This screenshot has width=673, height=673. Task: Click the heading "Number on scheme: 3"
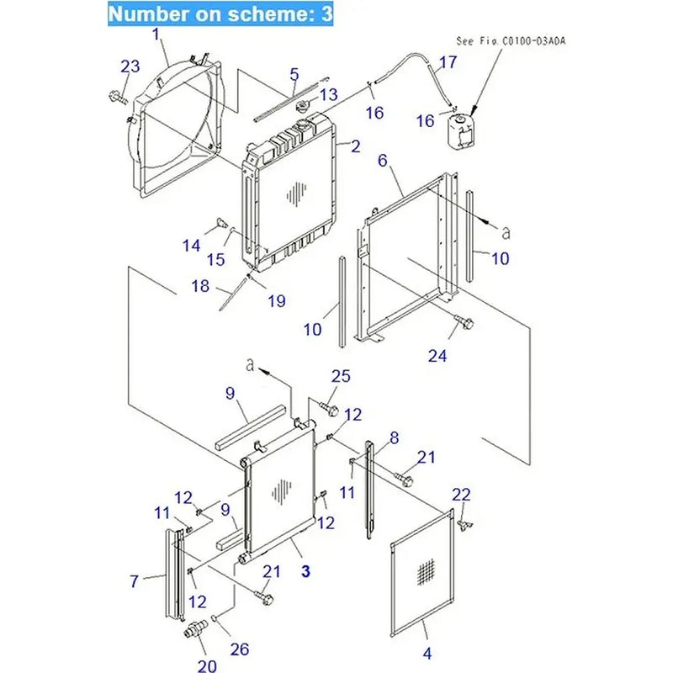(x=221, y=14)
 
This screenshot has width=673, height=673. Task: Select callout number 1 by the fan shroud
(x=156, y=34)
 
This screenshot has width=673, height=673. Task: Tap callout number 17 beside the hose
(x=448, y=61)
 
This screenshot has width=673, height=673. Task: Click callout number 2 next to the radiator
(x=355, y=146)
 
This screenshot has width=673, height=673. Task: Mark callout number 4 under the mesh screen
(x=427, y=653)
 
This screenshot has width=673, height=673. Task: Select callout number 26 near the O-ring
(x=240, y=648)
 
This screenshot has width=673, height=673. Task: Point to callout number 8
(x=393, y=437)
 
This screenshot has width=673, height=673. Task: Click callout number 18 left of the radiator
(x=199, y=286)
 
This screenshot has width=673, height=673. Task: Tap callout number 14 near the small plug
(x=192, y=246)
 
